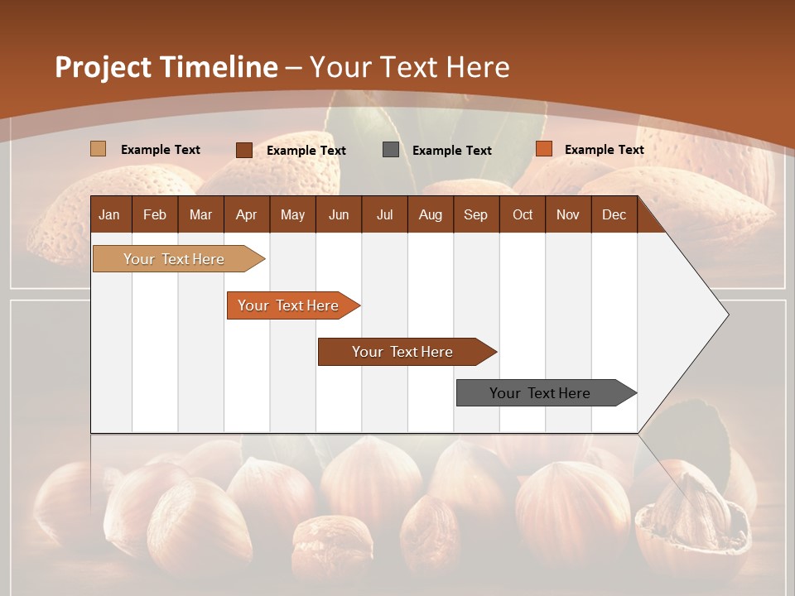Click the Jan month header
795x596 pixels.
[109, 214]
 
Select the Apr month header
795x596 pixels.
[246, 214]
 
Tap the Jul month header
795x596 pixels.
[384, 214]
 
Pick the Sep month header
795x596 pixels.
[475, 214]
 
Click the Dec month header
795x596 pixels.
[614, 214]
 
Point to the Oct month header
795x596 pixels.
[523, 214]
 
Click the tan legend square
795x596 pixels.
[98, 149]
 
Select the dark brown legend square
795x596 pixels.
[243, 150]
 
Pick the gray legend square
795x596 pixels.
[391, 150]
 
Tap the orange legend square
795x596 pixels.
[543, 149]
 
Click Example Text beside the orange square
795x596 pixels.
[604, 150]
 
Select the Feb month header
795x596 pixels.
[155, 214]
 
